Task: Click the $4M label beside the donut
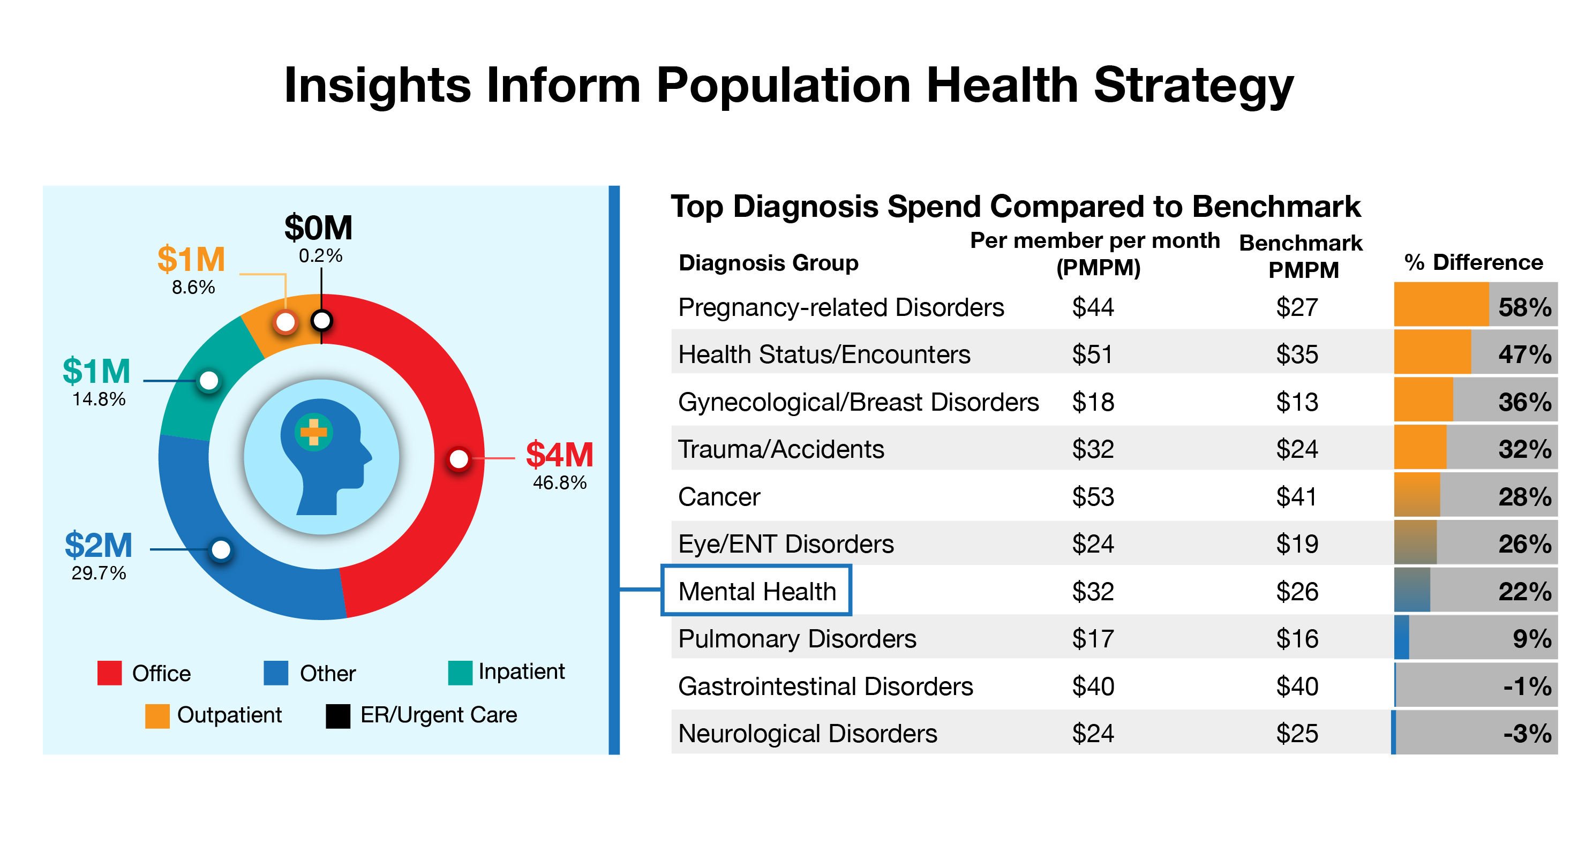tap(559, 455)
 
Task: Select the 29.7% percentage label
tap(99, 573)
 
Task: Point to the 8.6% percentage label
tap(193, 287)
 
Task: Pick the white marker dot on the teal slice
tap(209, 380)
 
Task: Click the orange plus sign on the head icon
tap(314, 432)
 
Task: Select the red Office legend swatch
tap(110, 673)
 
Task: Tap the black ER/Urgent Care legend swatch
tap(337, 716)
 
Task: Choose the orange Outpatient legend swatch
tap(157, 716)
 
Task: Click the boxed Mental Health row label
tap(756, 592)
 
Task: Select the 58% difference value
tap(1524, 307)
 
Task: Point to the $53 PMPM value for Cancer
tap(1092, 496)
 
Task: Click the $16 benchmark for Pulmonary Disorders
tap(1297, 639)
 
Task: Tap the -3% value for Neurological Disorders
tap(1527, 734)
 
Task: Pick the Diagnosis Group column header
tap(768, 263)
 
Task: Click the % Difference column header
tap(1472, 262)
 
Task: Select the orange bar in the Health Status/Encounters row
tap(1432, 352)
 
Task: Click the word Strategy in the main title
tap(1193, 86)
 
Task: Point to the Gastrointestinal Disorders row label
tap(825, 686)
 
